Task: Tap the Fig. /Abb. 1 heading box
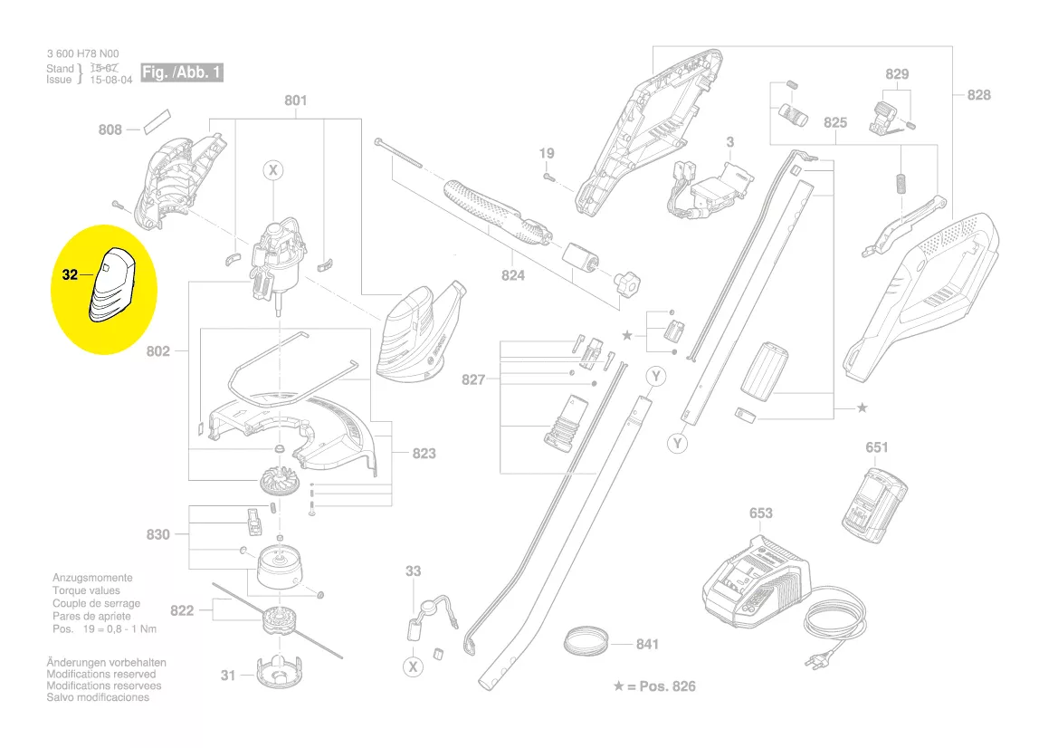pos(182,72)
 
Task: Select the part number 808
pos(110,130)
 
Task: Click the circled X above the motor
pos(273,170)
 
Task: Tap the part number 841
pos(647,645)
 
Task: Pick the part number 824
pos(513,275)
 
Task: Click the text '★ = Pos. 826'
pos(654,686)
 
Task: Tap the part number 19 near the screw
pos(547,153)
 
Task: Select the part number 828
pos(979,95)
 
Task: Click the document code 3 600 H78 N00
pos(82,54)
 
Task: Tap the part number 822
pos(182,610)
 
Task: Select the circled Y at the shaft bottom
pos(678,443)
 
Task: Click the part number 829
pos(897,74)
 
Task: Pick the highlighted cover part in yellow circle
pos(110,285)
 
